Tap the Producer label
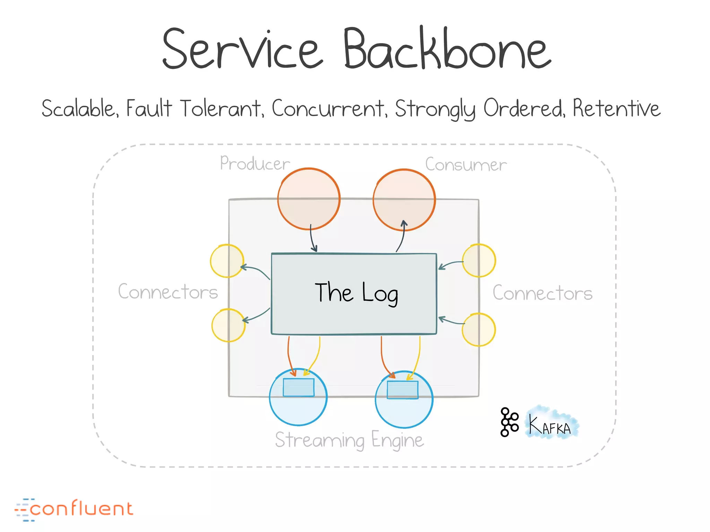(x=255, y=163)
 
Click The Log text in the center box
(x=356, y=293)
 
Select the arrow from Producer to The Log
(x=312, y=239)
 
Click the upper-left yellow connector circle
(x=227, y=261)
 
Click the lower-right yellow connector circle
(x=479, y=329)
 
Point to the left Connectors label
(x=168, y=292)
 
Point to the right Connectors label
(x=543, y=293)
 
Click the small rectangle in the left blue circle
(x=298, y=387)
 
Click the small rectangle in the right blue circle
(x=402, y=390)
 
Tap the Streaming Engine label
(x=349, y=440)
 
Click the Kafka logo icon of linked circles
(x=509, y=422)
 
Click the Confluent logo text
(x=81, y=509)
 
